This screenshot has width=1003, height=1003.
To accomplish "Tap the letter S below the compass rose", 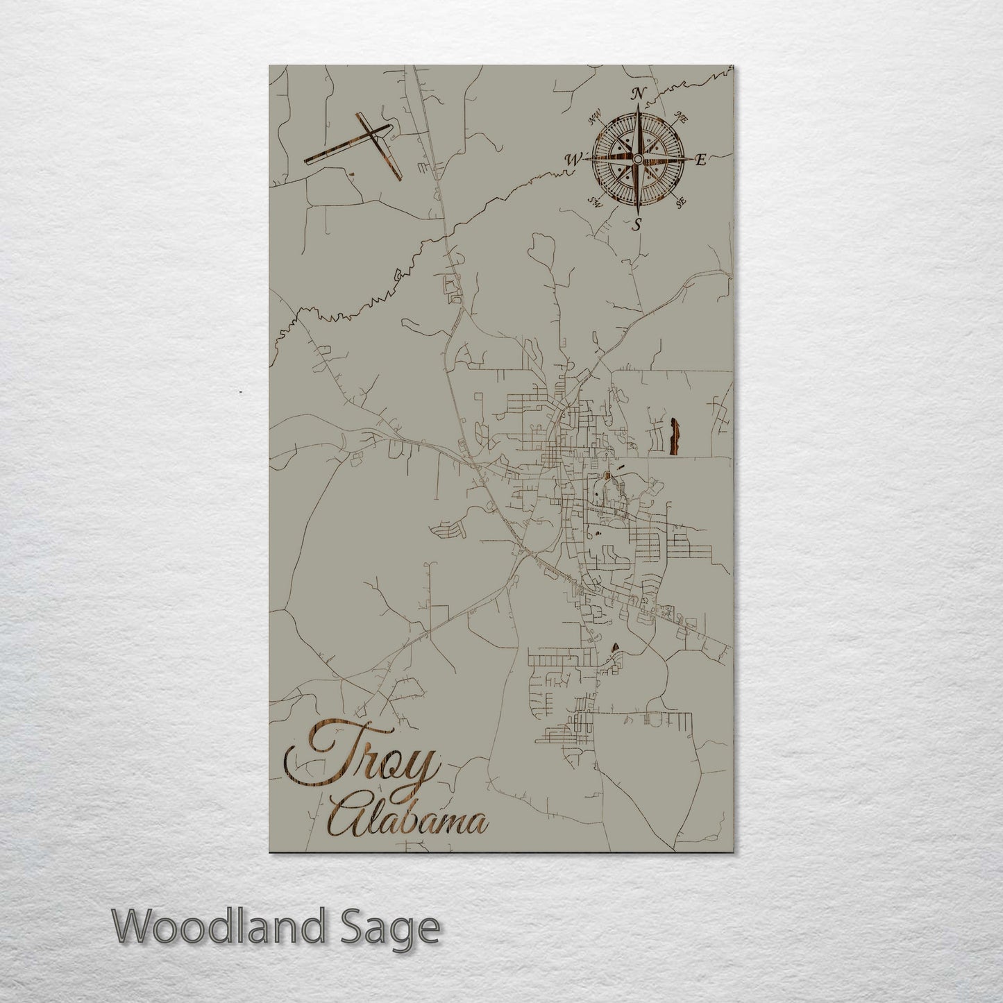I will point(637,224).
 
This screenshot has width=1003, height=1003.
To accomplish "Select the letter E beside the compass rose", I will point(700,160).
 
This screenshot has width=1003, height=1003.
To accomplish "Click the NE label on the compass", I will point(681,119).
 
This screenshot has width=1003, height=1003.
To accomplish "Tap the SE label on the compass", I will point(680,202).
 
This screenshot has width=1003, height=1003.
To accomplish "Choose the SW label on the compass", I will point(594,202).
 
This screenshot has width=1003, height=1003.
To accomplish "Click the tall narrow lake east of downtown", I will point(673,437).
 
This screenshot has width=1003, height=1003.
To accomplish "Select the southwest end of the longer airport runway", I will point(306,163).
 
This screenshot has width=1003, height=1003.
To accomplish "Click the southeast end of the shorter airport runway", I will point(399,179).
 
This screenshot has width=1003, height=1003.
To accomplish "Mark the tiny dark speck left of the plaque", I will point(239,392).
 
